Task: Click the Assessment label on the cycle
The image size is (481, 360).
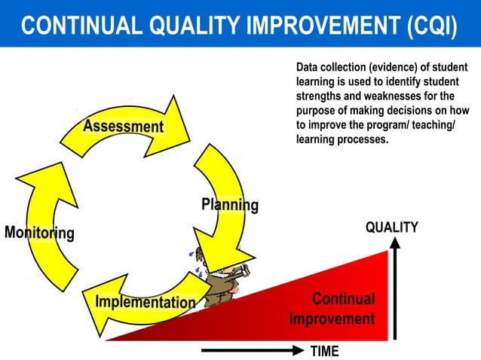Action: [x=123, y=126]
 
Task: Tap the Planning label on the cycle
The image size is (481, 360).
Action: [x=229, y=204]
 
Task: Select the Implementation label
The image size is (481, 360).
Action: [x=145, y=302]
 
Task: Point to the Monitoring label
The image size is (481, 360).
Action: [x=39, y=233]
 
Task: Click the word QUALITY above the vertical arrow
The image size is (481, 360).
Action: [x=391, y=227]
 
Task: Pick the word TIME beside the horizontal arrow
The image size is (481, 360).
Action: [x=324, y=351]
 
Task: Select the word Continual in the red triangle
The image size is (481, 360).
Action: [x=343, y=299]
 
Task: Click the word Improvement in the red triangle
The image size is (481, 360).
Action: [x=332, y=319]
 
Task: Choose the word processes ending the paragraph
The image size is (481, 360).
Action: [x=363, y=139]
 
